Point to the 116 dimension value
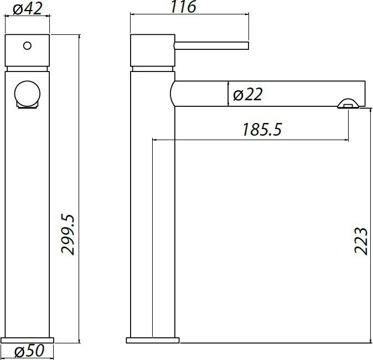[184, 7]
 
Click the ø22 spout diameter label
[247, 95]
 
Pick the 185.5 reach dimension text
[262, 130]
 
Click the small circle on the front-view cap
[27, 45]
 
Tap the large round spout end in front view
[27, 93]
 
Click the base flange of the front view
[28, 340]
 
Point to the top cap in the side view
[152, 51]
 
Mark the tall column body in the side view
[153, 222]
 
